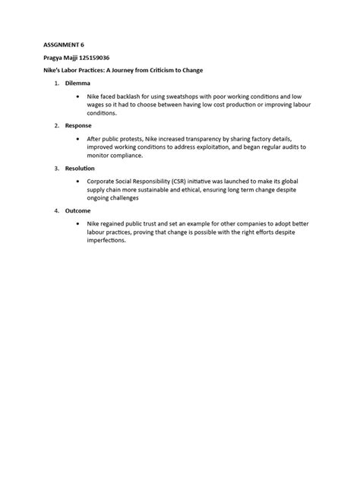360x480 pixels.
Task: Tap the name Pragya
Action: tap(51, 58)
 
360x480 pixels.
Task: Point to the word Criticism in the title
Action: tap(159, 71)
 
